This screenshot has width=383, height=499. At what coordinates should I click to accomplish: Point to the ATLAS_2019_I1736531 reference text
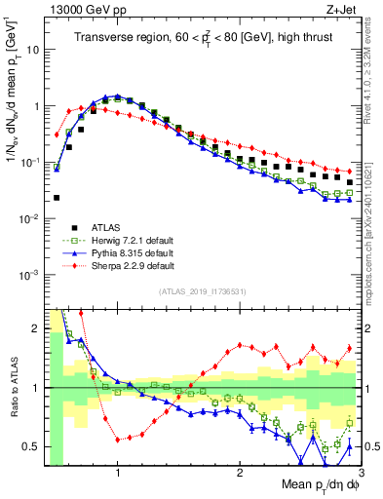click(x=202, y=290)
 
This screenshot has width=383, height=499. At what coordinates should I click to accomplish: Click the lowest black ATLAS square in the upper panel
click(x=57, y=198)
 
